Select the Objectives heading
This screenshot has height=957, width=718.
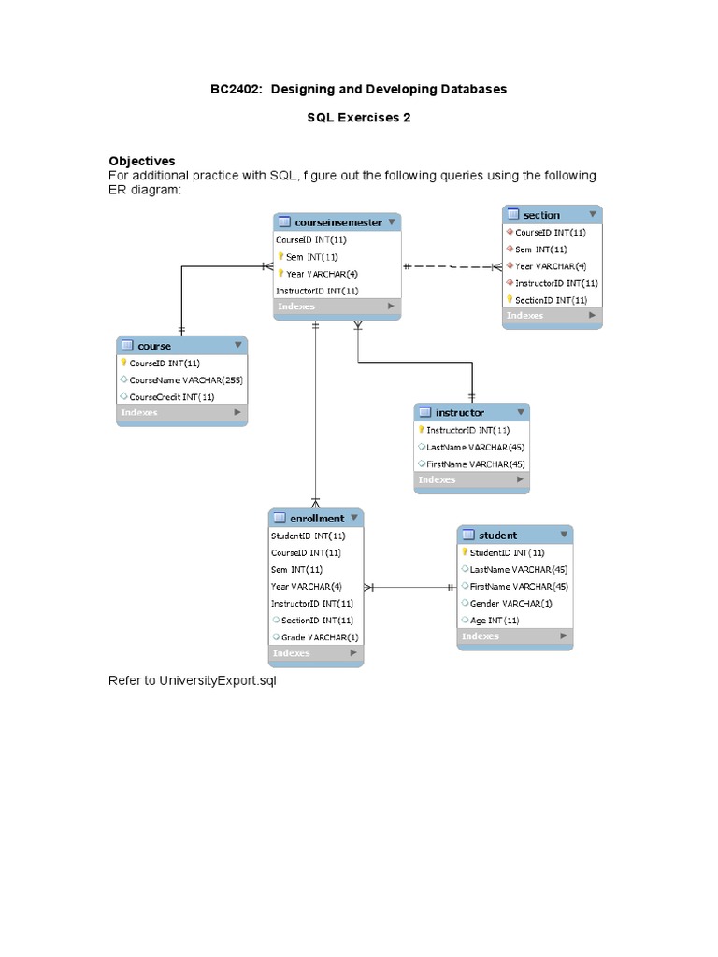142,161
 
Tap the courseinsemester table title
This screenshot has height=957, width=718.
337,222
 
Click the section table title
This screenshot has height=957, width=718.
541,215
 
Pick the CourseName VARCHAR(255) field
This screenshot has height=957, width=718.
186,379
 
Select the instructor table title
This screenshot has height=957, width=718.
459,412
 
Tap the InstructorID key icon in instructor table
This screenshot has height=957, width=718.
422,430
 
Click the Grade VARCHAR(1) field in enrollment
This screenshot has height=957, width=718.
319,636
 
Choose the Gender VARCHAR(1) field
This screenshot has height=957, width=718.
510,603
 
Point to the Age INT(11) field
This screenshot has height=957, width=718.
495,620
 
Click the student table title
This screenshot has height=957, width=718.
497,536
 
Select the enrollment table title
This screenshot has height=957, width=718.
317,518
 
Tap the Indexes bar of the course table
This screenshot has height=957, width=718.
181,412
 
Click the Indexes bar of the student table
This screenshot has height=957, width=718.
514,636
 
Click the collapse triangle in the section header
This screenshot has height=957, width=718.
592,214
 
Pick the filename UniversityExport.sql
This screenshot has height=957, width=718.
217,680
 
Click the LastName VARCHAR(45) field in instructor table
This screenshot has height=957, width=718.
475,447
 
